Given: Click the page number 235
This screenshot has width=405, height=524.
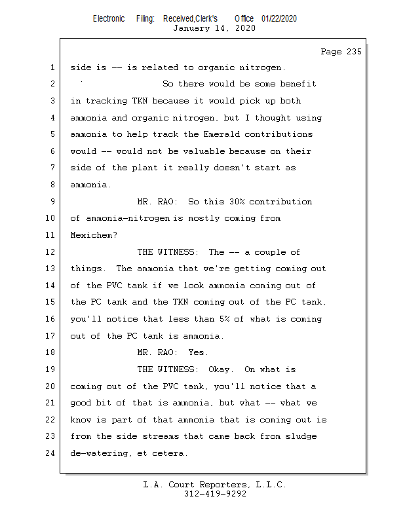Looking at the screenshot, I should pyautogui.click(x=353, y=52).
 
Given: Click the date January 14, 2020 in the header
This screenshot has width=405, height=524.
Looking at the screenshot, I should pyautogui.click(x=214, y=28).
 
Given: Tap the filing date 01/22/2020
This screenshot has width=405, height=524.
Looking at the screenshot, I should pyautogui.click(x=279, y=18).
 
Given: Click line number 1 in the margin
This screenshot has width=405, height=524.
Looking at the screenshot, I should pyautogui.click(x=52, y=67).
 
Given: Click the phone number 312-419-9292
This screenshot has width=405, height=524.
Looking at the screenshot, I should pyautogui.click(x=215, y=494).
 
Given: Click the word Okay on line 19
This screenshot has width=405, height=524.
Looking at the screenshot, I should pyautogui.click(x=222, y=369).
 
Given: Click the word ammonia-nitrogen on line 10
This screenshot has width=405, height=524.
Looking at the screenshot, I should pyautogui.click(x=121, y=219).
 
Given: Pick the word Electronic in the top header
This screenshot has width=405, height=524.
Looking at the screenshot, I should pyautogui.click(x=109, y=18).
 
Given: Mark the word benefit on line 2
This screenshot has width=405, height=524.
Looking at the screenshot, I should pyautogui.click(x=298, y=84).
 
